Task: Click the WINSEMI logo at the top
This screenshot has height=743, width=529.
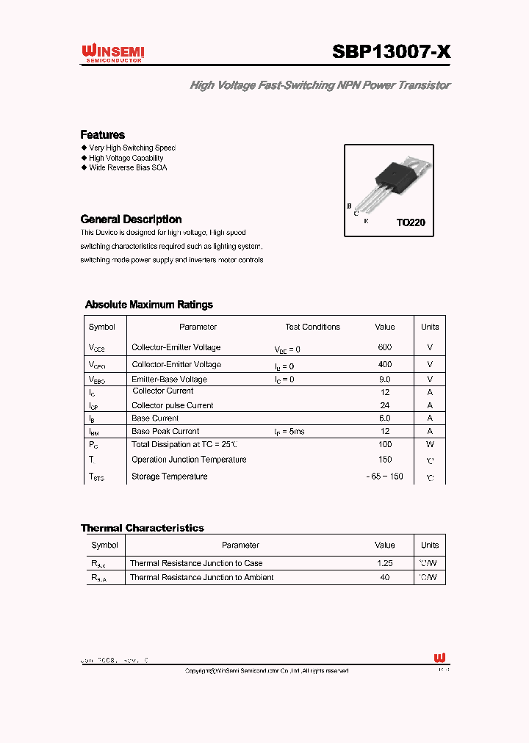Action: [x=112, y=53]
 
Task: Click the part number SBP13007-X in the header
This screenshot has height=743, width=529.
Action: [x=392, y=52]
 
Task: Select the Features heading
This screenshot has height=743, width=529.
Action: [x=102, y=135]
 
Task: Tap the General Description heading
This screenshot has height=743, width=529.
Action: [x=131, y=220]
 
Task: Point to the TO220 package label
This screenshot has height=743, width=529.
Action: [x=411, y=222]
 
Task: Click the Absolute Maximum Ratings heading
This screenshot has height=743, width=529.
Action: [x=149, y=305]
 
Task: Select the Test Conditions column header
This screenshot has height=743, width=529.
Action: [x=312, y=327]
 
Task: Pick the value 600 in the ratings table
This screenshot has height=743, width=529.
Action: [x=384, y=347]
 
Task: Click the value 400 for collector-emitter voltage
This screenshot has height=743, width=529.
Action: [x=384, y=364]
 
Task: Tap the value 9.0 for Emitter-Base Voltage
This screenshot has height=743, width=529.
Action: [x=384, y=380]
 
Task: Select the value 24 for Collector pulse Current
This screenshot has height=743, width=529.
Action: [x=384, y=405]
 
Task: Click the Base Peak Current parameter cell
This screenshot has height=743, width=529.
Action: [x=165, y=432]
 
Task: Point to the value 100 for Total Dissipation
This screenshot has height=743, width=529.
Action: [x=384, y=445]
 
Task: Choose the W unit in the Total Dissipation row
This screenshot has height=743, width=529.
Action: [x=430, y=445]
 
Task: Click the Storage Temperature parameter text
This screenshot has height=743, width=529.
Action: [x=169, y=476]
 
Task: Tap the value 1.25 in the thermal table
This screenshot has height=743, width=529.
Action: [x=384, y=563]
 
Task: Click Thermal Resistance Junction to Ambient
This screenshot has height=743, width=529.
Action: [x=201, y=578]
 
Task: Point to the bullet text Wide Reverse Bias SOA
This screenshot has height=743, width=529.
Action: [x=128, y=168]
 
